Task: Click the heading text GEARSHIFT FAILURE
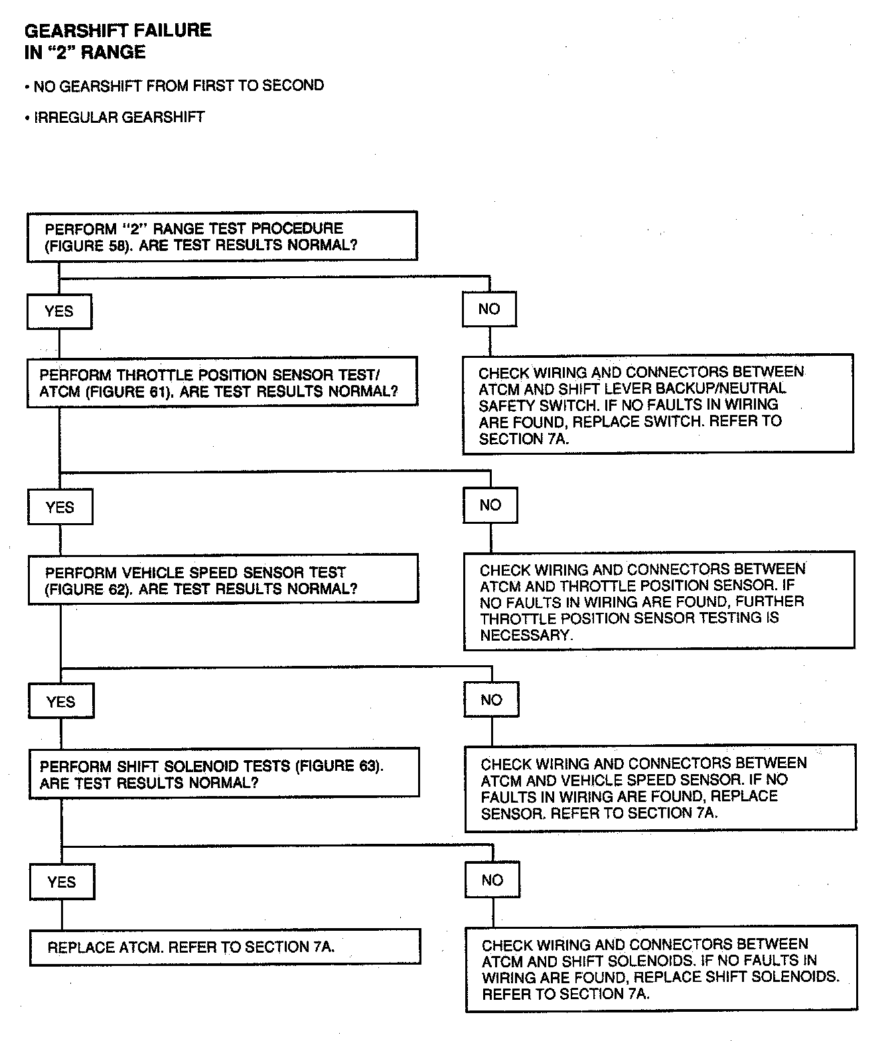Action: (x=117, y=31)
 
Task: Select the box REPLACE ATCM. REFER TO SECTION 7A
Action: (x=225, y=947)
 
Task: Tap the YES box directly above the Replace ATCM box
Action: (x=62, y=882)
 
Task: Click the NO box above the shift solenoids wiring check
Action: (x=492, y=880)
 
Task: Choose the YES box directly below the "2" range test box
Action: (x=59, y=311)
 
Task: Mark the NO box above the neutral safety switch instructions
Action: (x=489, y=309)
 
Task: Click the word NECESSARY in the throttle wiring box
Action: (x=526, y=635)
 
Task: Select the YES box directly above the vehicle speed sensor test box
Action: (x=60, y=507)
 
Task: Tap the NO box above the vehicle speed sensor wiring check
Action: (x=492, y=700)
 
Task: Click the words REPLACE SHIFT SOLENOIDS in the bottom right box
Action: (x=735, y=977)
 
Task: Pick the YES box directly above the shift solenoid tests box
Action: (x=61, y=702)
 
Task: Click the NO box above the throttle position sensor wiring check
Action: (x=490, y=505)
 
